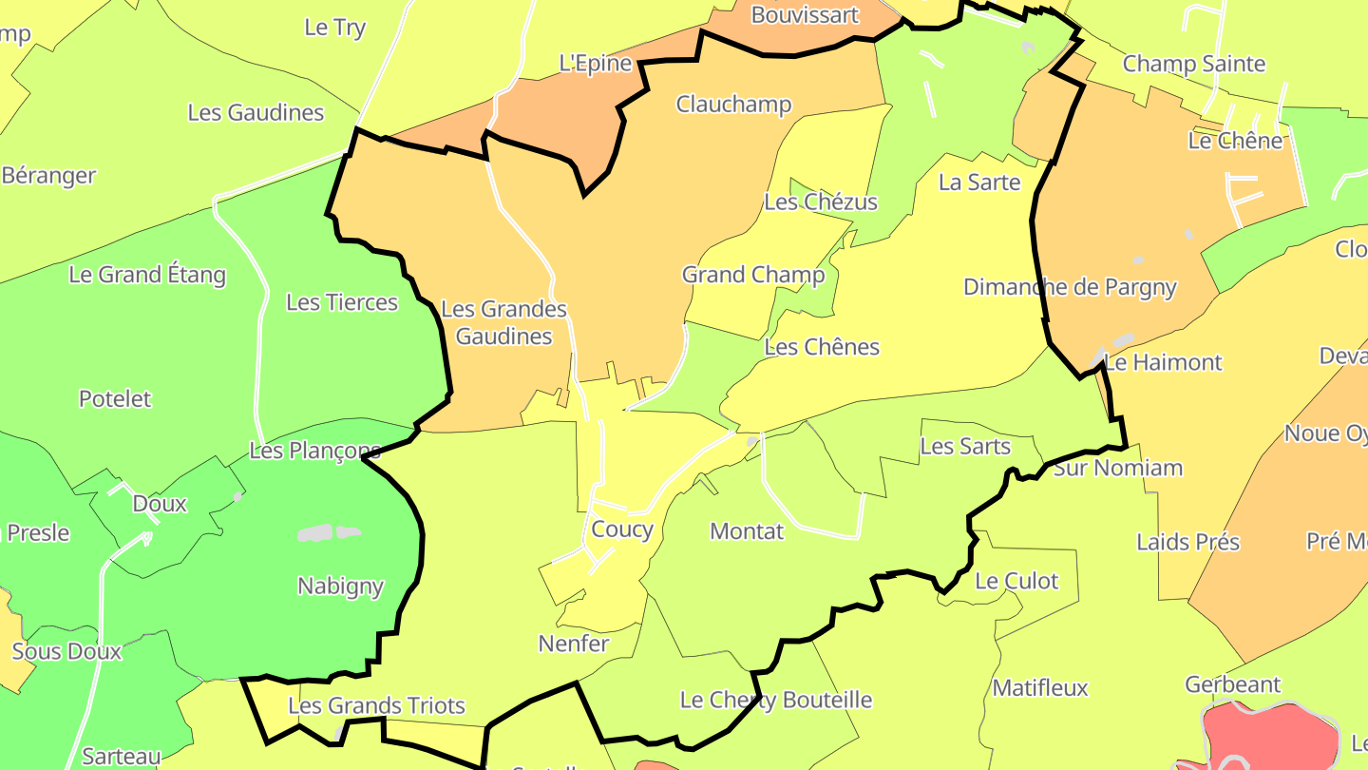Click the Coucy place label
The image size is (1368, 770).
click(621, 529)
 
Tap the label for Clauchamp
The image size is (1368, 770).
click(733, 104)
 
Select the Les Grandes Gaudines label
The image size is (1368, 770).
click(503, 322)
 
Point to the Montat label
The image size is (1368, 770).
click(747, 531)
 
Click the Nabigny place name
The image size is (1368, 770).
click(340, 586)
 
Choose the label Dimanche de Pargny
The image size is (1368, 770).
click(1070, 287)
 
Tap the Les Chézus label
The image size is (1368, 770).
click(821, 202)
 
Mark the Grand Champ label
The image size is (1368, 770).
click(753, 275)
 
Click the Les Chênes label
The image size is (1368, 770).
click(822, 347)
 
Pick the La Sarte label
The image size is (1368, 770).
click(979, 182)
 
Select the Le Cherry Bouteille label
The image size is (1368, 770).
click(775, 700)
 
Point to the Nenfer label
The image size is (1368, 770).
click(573, 644)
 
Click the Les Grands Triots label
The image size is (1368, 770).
click(376, 705)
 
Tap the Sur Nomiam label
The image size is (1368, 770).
click(1118, 468)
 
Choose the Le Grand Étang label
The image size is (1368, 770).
click(147, 275)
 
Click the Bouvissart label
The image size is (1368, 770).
click(805, 14)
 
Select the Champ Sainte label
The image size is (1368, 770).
click(1193, 64)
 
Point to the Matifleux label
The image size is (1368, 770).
click(1039, 687)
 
